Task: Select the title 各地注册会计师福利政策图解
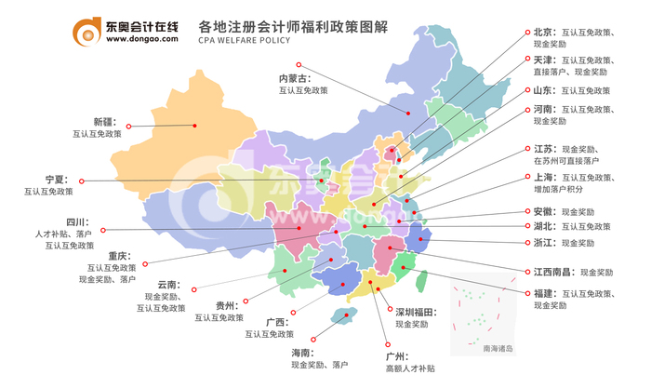(277, 24)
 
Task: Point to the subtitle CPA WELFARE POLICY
(246, 42)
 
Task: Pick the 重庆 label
(118, 256)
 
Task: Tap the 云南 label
(167, 285)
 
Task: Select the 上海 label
(545, 177)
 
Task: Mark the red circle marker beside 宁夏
(81, 181)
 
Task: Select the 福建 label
(544, 293)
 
